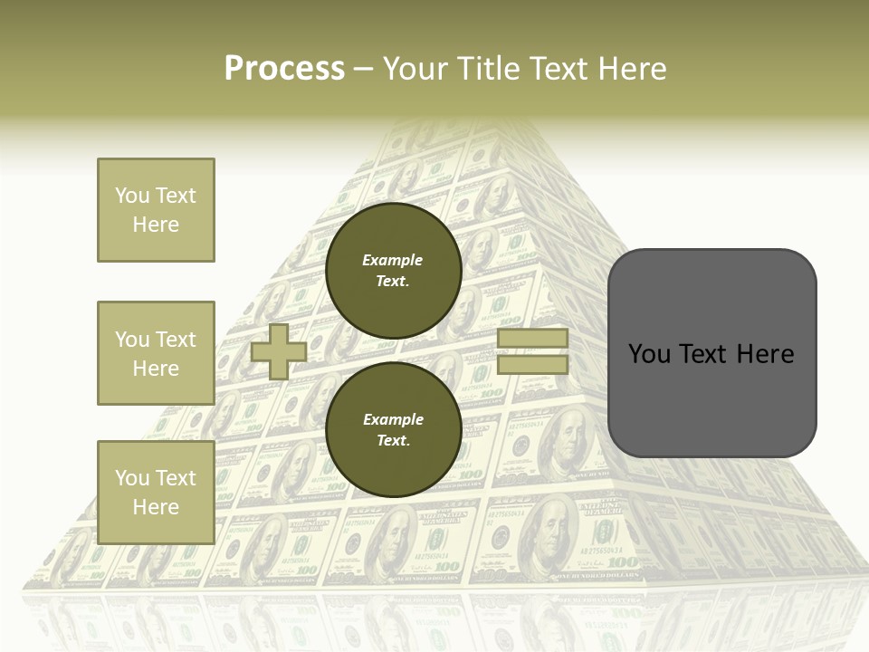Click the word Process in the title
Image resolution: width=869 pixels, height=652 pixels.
point(284,69)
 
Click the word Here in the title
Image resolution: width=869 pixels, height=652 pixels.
point(635,69)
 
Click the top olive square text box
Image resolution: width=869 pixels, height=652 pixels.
point(156,210)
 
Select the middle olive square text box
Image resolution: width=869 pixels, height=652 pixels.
point(156,353)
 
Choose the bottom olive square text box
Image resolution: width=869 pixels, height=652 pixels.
point(156,492)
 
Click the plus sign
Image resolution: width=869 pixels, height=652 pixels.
point(279,351)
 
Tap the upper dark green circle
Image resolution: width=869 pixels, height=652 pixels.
point(393,271)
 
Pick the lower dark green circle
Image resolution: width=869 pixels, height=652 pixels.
point(393,429)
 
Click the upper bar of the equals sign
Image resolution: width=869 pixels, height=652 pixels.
point(532,339)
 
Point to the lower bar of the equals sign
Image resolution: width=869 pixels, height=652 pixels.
point(532,365)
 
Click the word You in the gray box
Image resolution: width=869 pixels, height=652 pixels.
point(649,354)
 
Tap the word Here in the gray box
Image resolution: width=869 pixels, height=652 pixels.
point(764,354)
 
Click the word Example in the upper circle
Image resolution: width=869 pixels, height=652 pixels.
point(393,260)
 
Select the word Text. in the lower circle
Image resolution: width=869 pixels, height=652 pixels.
point(393,440)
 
